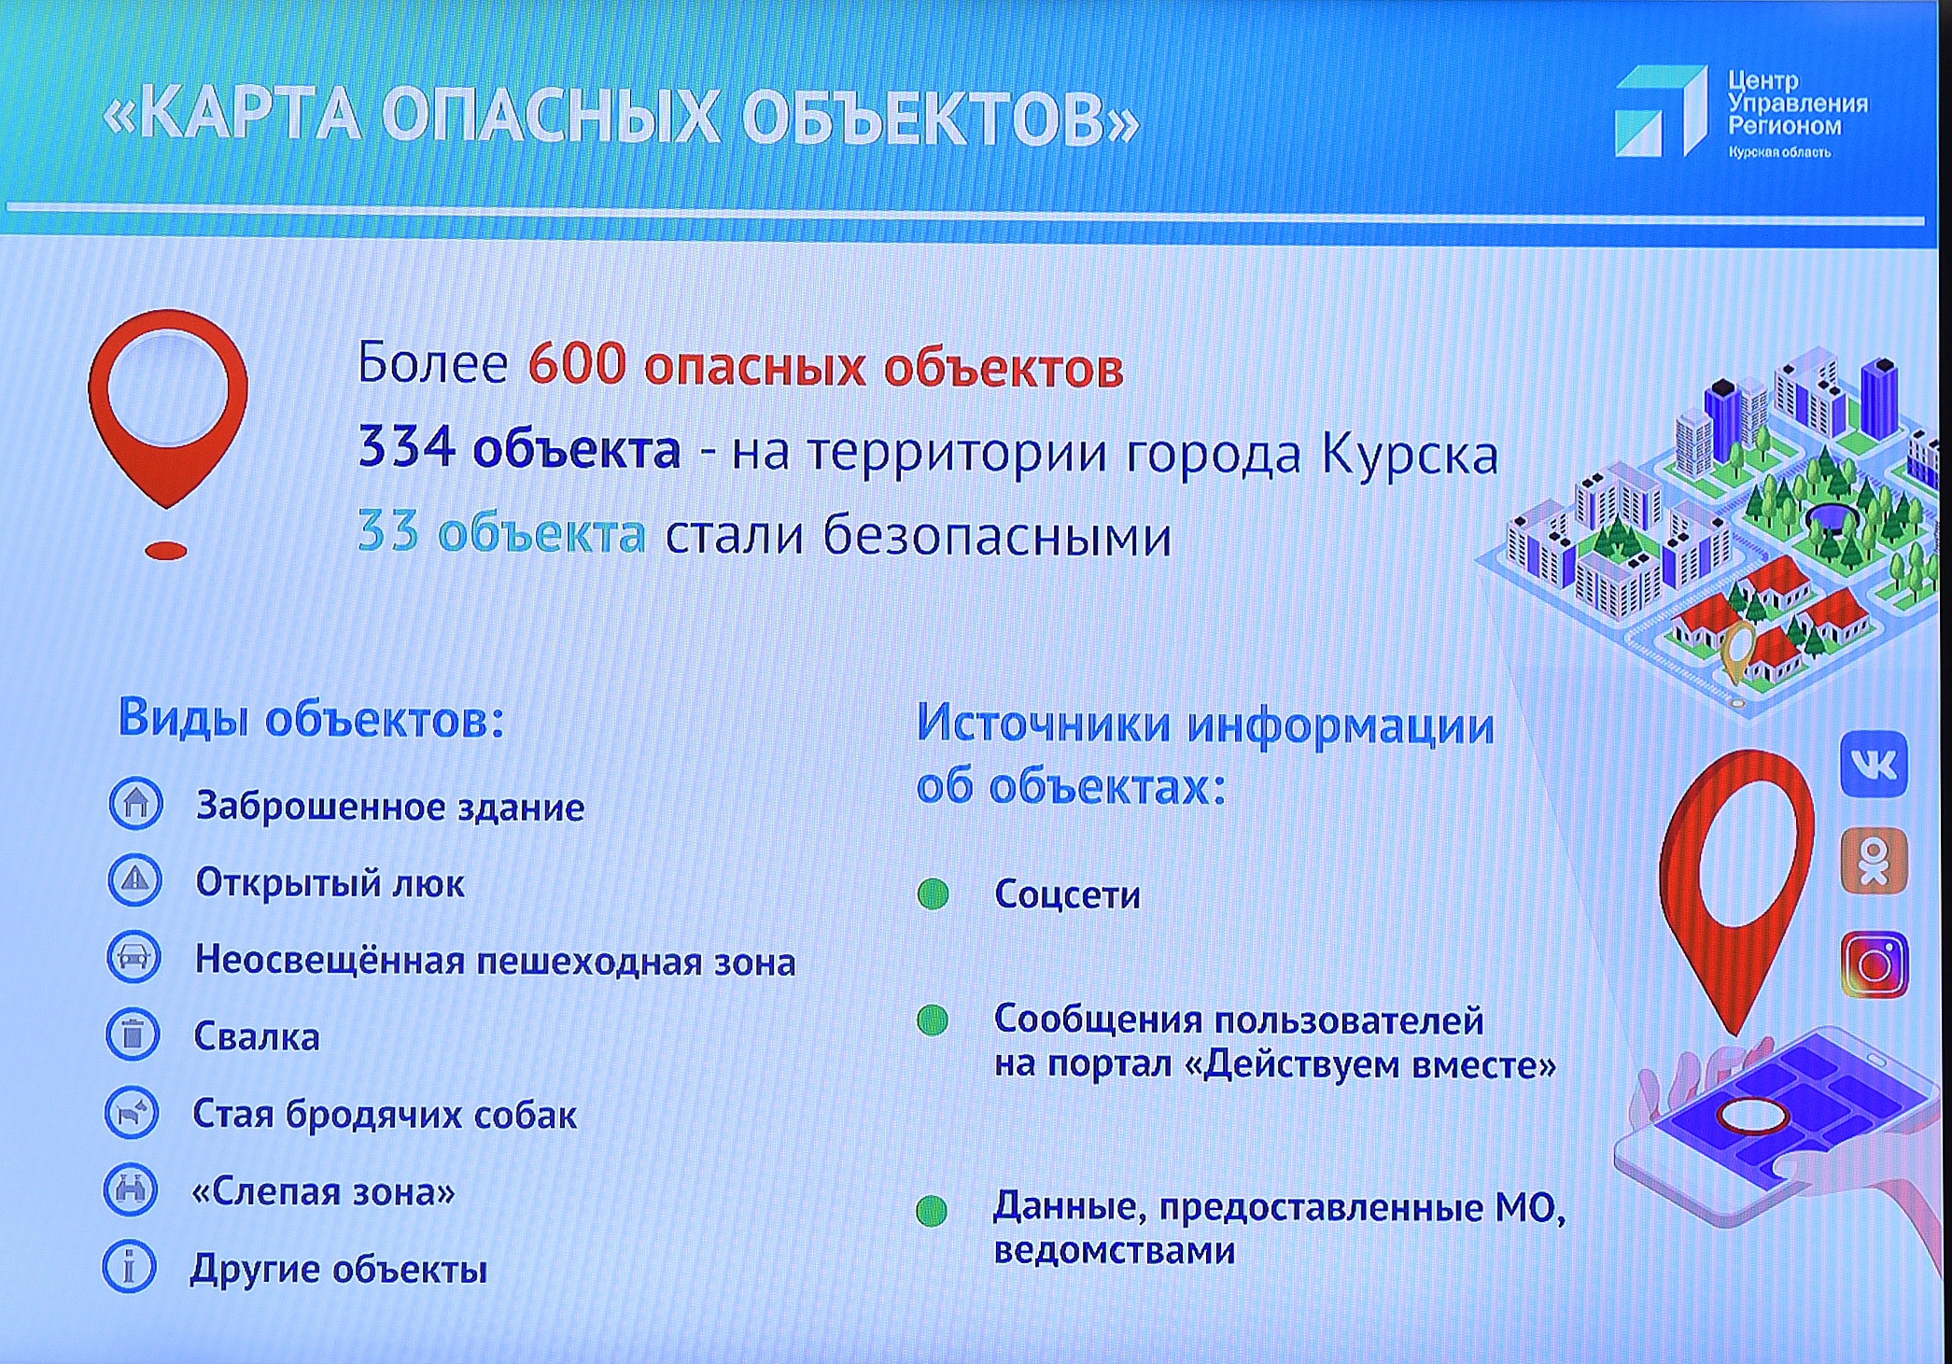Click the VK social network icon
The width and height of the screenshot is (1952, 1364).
(1873, 765)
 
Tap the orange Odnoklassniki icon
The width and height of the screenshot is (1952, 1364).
(1873, 861)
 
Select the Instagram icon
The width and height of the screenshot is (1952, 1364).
(1875, 964)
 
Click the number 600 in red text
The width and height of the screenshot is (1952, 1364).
(576, 364)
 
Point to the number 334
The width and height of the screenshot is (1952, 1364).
(406, 448)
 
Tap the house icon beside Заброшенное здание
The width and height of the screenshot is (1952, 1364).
(136, 803)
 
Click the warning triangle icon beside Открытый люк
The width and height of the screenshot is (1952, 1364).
(135, 879)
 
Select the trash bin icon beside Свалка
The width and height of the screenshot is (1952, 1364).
(133, 1034)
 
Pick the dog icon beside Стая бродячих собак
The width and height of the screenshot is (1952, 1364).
(132, 1112)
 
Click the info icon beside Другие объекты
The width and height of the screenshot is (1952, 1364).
(129, 1267)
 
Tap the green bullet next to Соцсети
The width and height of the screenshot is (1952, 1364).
(933, 893)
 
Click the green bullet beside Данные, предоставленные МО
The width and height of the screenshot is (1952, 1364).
(932, 1211)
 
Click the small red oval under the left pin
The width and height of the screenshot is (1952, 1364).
(166, 551)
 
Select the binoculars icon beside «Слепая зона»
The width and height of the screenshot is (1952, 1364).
(131, 1189)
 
